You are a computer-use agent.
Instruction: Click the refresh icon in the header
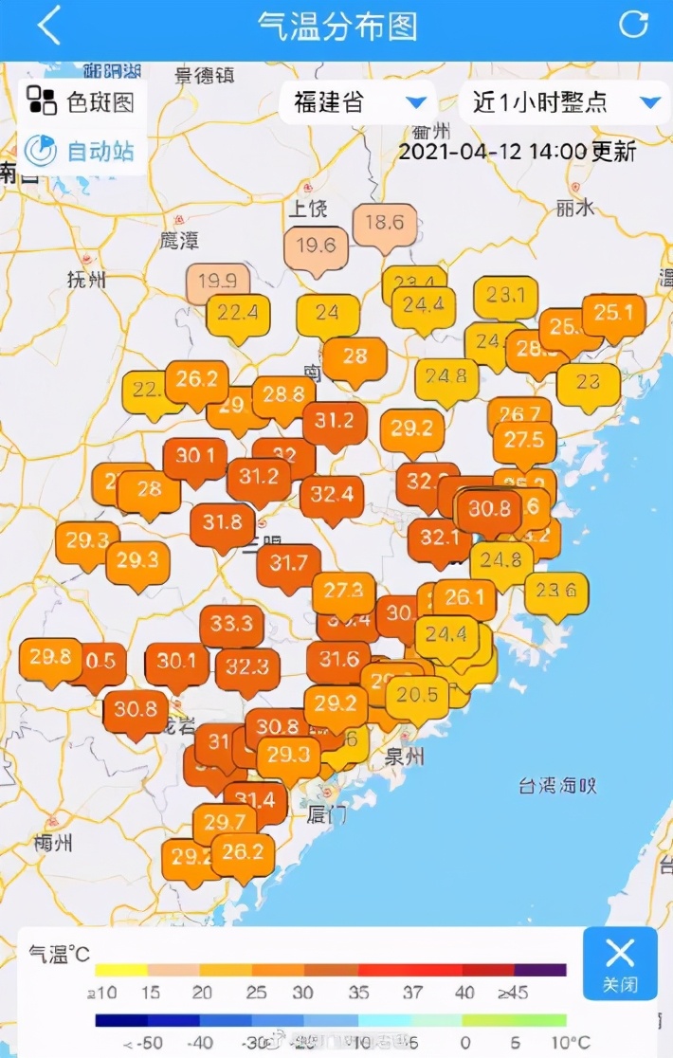click(632, 25)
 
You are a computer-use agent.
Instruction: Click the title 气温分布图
click(336, 26)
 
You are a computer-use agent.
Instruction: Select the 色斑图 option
click(82, 101)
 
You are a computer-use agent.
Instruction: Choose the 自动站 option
click(82, 151)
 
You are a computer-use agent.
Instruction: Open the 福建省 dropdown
click(357, 102)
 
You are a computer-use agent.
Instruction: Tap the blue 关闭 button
click(619, 962)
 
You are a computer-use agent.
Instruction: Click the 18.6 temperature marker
click(385, 224)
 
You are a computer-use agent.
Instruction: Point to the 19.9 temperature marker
click(218, 282)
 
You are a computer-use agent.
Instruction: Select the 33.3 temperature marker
click(231, 624)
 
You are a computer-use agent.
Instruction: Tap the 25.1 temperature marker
click(613, 312)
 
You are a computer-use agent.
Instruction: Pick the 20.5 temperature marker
click(418, 696)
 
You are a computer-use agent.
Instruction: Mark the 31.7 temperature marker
click(289, 564)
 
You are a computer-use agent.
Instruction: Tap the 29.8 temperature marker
click(50, 656)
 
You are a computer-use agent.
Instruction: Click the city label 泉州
click(405, 756)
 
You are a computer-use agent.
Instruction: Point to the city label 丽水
click(575, 208)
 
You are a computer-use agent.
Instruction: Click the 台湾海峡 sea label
click(556, 785)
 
